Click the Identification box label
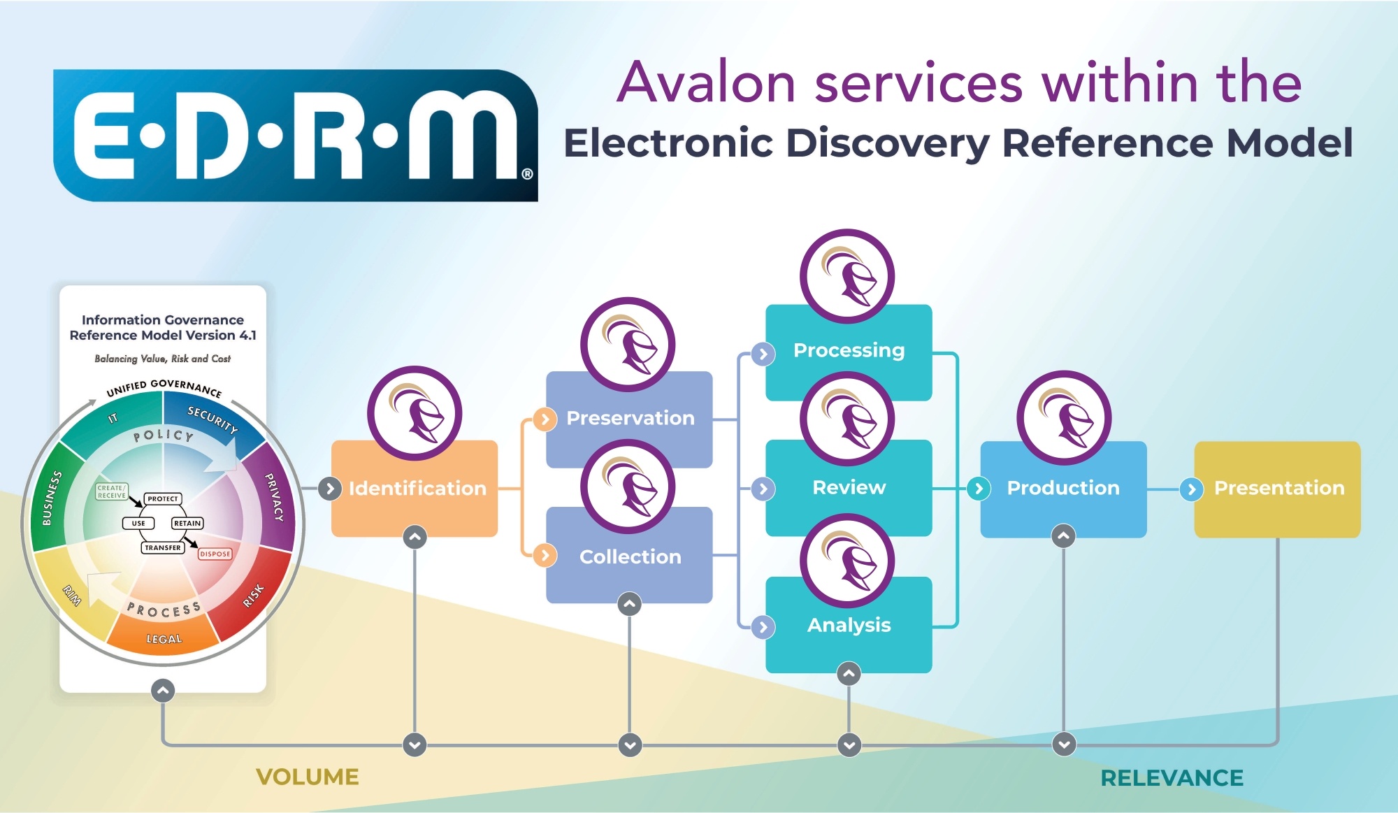pyautogui.click(x=417, y=488)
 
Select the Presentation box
pyautogui.click(x=1278, y=488)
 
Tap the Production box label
pyautogui.click(x=1063, y=488)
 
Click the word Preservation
pyautogui.click(x=630, y=418)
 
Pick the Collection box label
pyautogui.click(x=630, y=556)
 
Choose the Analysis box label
pyautogui.click(x=849, y=625)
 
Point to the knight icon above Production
pyautogui.click(x=1064, y=417)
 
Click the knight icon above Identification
pyautogui.click(x=415, y=413)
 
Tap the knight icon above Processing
pyautogui.click(x=847, y=276)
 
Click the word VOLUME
pyautogui.click(x=308, y=777)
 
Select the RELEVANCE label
pyautogui.click(x=1172, y=777)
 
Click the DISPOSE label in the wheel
pyautogui.click(x=215, y=554)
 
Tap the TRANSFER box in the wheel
pyautogui.click(x=163, y=547)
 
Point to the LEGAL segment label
pyautogui.click(x=164, y=639)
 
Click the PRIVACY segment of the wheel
pyautogui.click(x=274, y=497)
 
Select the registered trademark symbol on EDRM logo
pyautogui.click(x=527, y=173)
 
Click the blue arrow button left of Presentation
pyautogui.click(x=1192, y=489)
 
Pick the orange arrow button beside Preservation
pyautogui.click(x=545, y=419)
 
